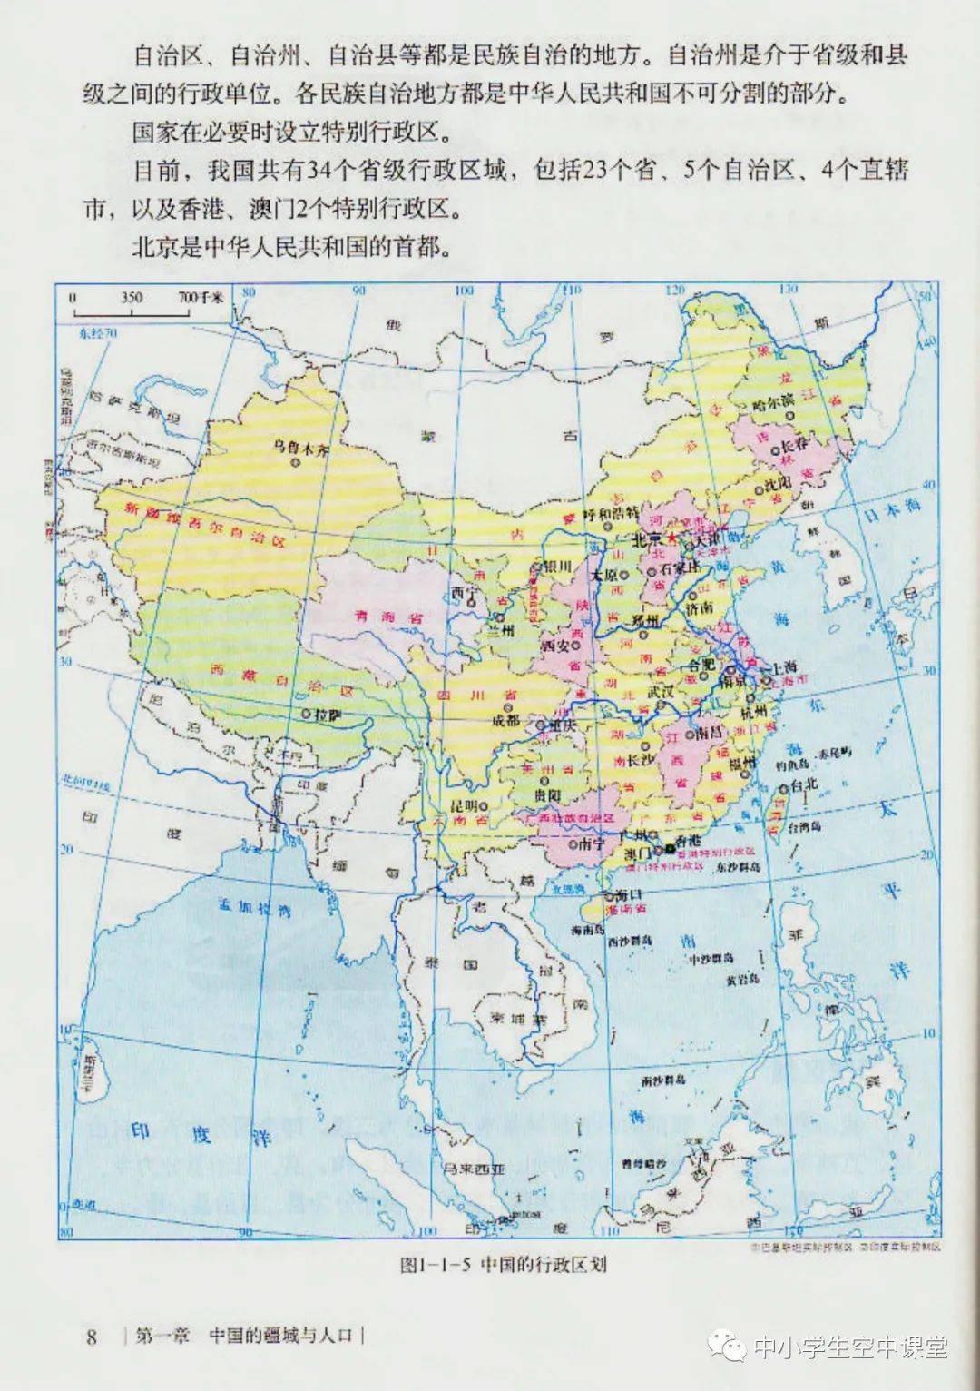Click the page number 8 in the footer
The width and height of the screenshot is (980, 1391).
(91, 1337)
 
